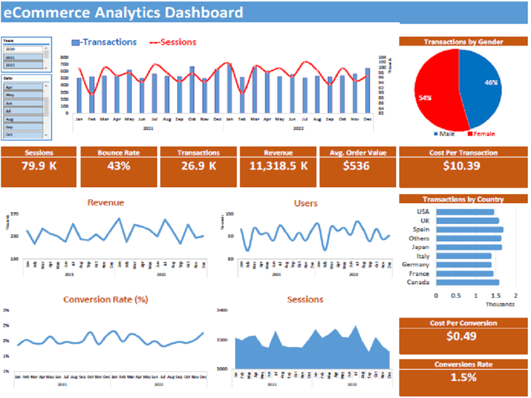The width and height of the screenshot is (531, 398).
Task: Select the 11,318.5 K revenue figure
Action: click(x=278, y=166)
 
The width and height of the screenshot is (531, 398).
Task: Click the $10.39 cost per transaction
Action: click(x=462, y=166)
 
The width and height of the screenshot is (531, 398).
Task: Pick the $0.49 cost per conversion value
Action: click(x=461, y=336)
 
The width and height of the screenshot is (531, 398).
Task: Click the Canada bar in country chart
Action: click(x=467, y=282)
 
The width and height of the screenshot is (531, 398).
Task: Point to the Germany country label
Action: click(x=416, y=265)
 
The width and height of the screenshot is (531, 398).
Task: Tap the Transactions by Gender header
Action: click(x=463, y=42)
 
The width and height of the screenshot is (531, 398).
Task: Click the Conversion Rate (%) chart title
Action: click(x=105, y=299)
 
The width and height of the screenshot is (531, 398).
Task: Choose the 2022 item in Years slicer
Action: click(x=24, y=65)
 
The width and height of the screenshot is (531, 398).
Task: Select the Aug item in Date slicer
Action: click(x=24, y=119)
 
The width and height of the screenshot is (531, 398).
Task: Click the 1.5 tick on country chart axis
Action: click(x=495, y=295)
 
